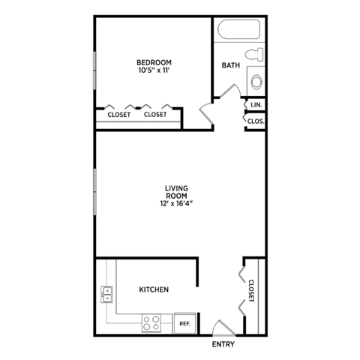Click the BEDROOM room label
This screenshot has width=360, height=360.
pos(154,61)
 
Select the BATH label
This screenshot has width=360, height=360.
pos(230,65)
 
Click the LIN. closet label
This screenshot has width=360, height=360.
pos(256,105)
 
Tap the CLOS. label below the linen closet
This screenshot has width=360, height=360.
pos(256,120)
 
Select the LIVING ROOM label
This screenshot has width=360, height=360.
pos(177,191)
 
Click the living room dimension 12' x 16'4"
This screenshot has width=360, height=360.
pos(177,203)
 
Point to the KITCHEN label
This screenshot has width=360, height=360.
pos(154,289)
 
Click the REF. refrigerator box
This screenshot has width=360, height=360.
pos(184,323)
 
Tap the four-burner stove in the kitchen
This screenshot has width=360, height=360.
pos(151,323)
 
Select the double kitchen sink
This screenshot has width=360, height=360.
pos(106,294)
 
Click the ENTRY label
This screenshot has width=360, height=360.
pos(223,344)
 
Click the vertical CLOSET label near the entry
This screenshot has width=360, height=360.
pos(251,290)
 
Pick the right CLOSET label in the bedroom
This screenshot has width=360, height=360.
pos(155,115)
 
